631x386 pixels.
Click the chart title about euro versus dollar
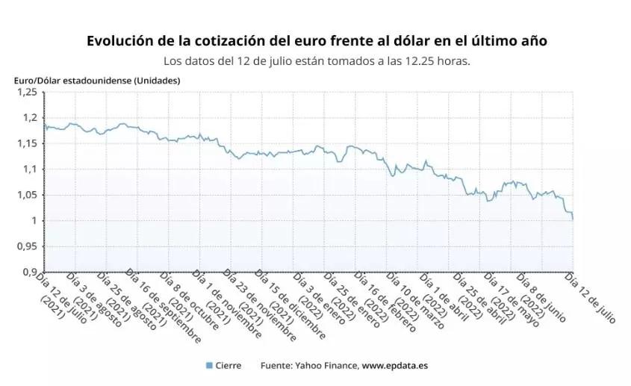click(317, 40)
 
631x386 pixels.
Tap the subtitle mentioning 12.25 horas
click(317, 61)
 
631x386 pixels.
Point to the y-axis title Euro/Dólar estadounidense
click(97, 80)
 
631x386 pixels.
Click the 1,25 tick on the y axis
click(27, 92)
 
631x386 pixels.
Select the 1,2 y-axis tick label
click(30, 118)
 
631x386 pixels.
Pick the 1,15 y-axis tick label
click(27, 143)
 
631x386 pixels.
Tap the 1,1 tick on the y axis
click(30, 169)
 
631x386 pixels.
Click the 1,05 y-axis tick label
click(27, 195)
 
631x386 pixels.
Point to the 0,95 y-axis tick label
click(27, 246)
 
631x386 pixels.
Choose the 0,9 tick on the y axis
click(30, 272)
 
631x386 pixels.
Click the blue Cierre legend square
click(209, 365)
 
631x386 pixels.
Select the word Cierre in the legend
click(229, 365)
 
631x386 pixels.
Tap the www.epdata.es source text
click(394, 365)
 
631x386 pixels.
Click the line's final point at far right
click(573, 220)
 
